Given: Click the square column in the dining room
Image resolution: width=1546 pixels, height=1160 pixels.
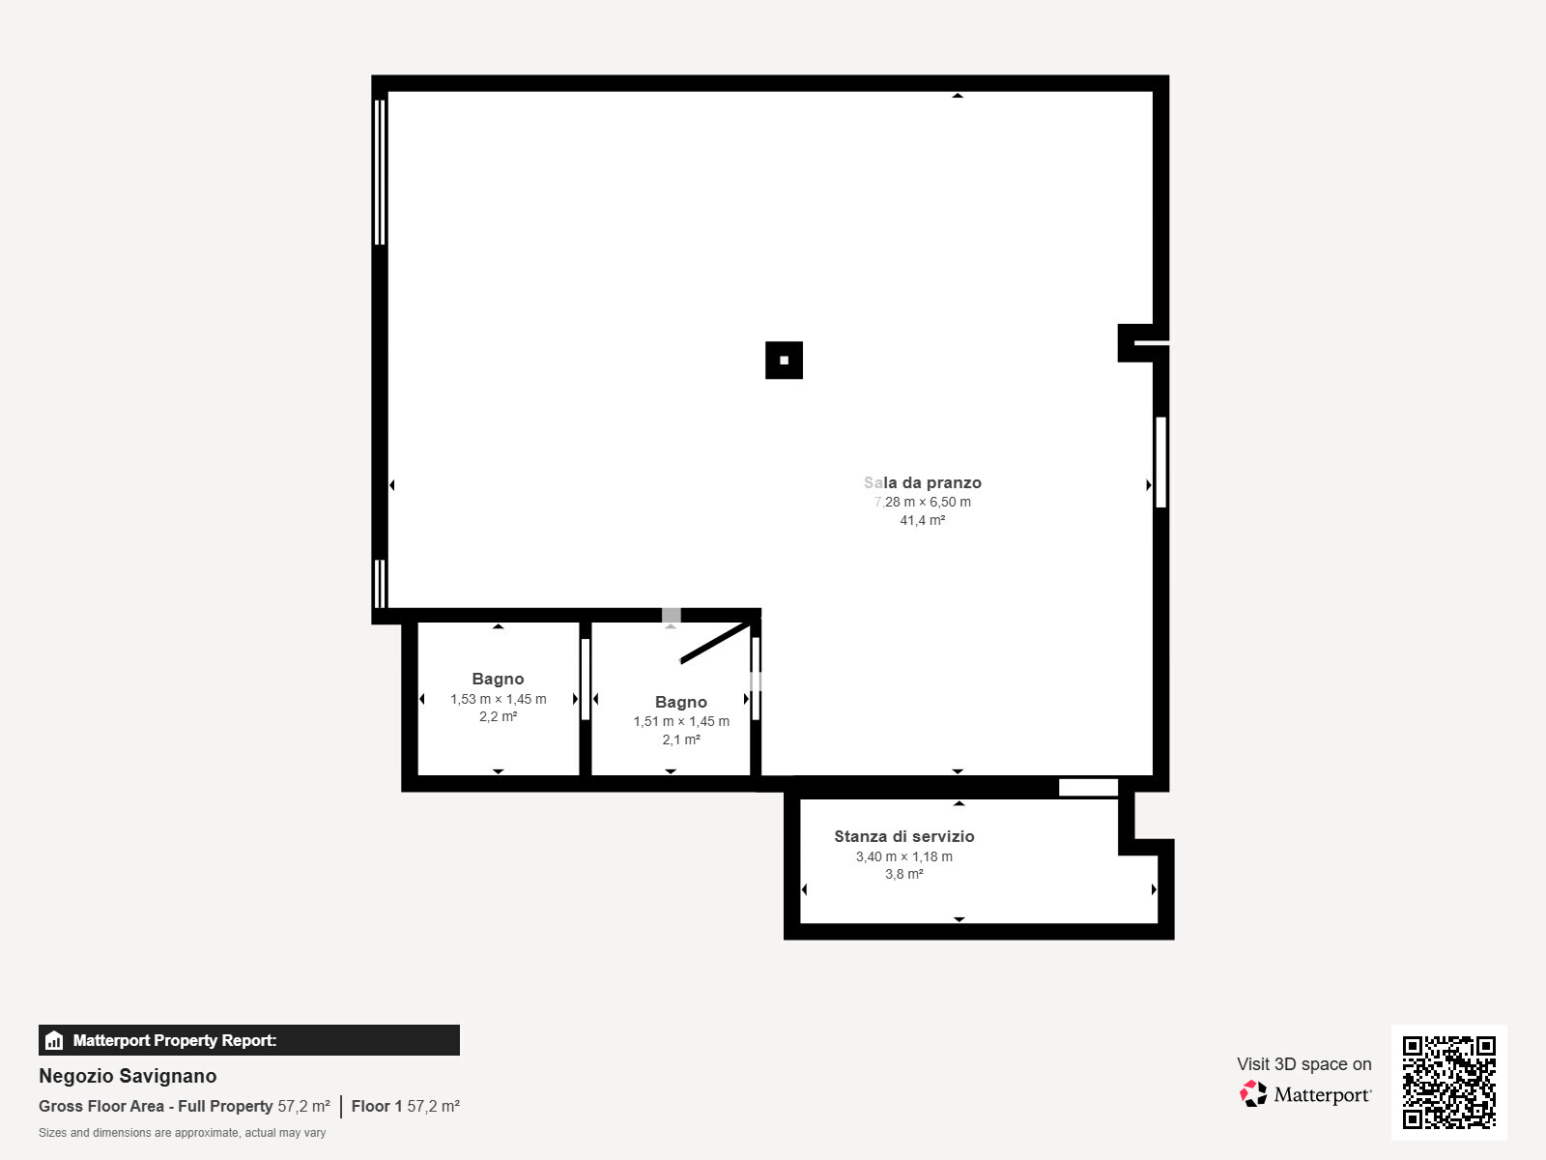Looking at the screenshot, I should point(784,361).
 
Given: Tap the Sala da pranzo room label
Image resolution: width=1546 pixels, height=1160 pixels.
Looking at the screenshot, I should point(922,482).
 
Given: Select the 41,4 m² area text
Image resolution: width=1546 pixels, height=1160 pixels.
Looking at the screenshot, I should point(922,520).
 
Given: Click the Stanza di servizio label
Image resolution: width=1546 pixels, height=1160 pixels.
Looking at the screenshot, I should point(903,836).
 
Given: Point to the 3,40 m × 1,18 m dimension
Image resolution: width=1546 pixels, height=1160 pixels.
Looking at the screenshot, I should point(903,856).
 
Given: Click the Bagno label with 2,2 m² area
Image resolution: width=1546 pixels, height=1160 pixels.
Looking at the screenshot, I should point(498,679).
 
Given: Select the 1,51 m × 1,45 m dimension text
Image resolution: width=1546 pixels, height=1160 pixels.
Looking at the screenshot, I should point(681,721).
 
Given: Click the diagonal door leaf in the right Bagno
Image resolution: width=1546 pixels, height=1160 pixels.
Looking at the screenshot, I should point(715,643).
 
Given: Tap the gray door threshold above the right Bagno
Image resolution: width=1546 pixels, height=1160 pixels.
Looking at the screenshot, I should point(671,615).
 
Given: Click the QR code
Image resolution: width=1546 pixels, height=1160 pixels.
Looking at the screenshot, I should point(1448,1082).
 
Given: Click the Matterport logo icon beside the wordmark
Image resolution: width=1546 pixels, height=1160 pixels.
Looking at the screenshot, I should point(1253,1093).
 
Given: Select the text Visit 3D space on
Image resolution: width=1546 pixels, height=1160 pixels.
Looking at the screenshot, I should point(1303,1063).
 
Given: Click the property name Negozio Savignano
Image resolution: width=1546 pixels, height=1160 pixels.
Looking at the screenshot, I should point(128,1076).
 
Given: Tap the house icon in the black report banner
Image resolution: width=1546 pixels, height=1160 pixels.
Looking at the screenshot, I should point(54,1040).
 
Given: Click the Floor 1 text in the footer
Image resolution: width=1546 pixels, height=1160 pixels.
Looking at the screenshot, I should point(376,1106).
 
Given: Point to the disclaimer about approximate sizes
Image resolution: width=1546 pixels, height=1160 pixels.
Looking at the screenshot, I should point(182,1132).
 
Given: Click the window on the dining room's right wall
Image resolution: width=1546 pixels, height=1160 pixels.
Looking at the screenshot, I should point(1160,462).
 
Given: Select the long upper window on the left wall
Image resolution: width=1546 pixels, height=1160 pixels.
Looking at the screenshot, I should point(379,172).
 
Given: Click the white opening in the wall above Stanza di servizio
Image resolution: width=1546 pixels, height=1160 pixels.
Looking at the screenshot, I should point(1088,788).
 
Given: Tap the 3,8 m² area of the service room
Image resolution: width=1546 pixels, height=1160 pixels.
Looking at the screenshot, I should point(903,874).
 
